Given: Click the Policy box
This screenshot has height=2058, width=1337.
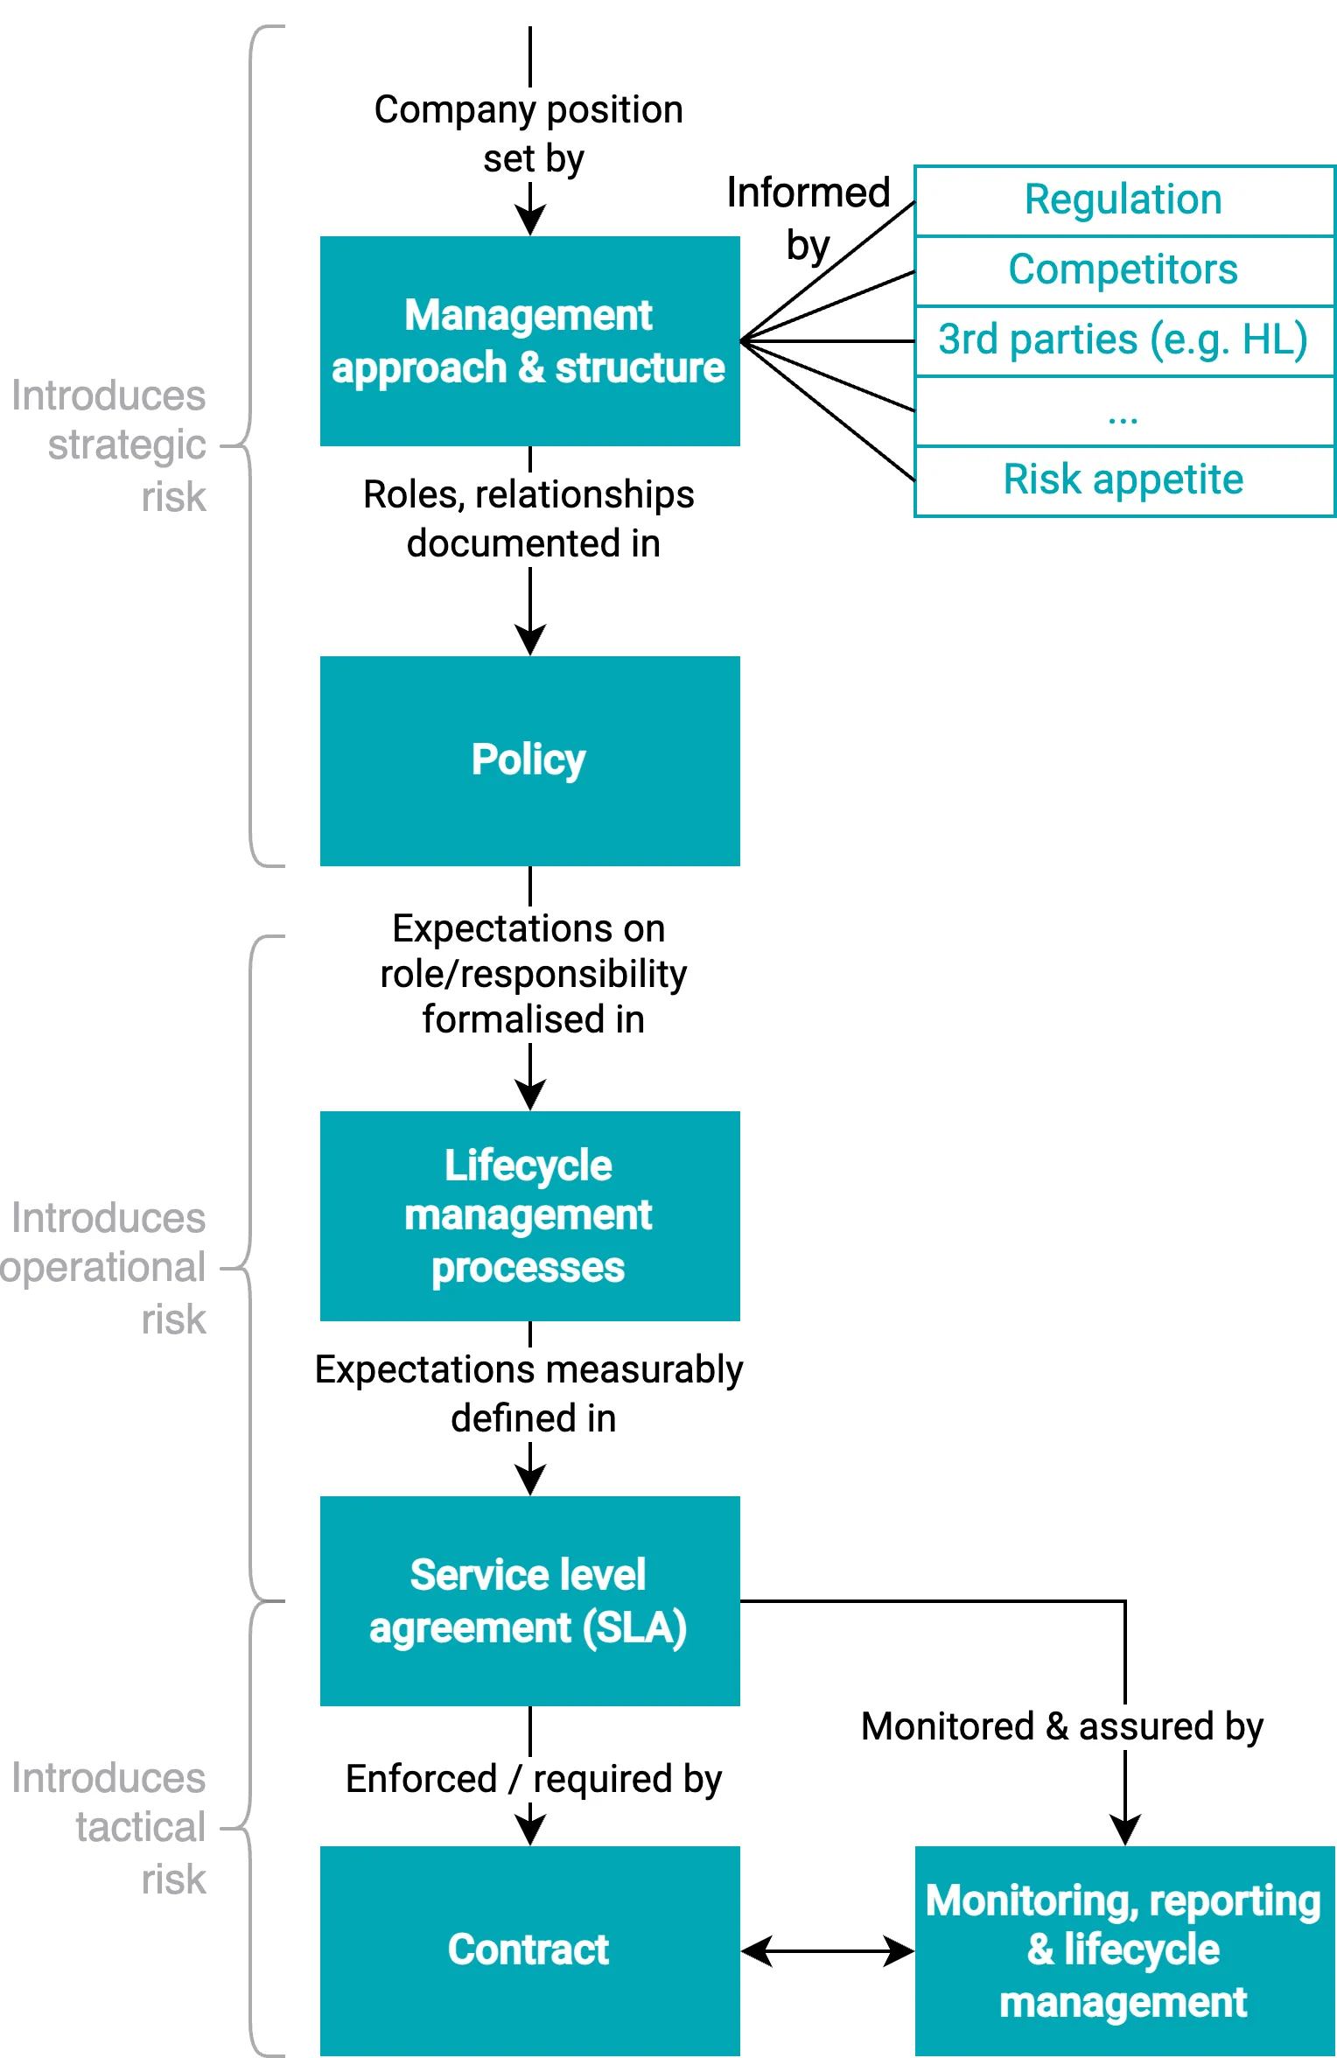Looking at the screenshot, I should (529, 760).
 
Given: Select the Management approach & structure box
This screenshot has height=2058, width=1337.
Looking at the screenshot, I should (529, 341).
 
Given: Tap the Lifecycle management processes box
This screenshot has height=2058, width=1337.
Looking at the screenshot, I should (529, 1215).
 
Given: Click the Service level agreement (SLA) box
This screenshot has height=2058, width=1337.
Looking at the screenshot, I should (529, 1600).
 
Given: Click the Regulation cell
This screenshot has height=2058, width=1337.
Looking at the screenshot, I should (1123, 200).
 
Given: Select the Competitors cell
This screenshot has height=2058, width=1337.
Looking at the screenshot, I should (1123, 270).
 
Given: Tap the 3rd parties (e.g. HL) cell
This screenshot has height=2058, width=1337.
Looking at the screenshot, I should (1123, 340).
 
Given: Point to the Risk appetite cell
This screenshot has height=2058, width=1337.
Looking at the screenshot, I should (1123, 480).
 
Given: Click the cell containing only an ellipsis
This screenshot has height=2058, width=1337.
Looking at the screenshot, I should (1123, 412).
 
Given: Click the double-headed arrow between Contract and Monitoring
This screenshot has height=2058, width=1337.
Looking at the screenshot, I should (827, 1950).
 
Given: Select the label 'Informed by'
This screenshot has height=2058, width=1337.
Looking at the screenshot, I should (808, 219).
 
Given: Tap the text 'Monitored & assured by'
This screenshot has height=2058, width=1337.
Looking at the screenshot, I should (1062, 1726).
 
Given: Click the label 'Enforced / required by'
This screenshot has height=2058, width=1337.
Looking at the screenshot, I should (533, 1779).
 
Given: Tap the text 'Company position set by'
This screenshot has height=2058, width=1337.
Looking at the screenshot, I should (529, 134).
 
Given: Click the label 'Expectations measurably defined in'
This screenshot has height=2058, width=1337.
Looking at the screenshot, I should (529, 1393).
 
